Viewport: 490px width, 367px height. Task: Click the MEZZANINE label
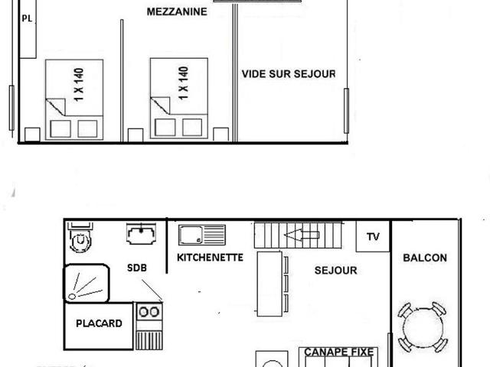177,11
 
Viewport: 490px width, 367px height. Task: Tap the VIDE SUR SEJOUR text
289,74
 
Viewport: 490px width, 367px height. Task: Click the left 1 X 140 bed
75,98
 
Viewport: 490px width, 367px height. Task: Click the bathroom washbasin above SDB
141,233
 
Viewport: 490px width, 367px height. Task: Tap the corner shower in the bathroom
86,282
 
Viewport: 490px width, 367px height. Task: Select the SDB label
136,268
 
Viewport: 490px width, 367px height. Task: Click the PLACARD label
99,323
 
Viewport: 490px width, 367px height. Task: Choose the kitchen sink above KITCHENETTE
202,234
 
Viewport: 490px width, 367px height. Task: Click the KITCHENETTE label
210,258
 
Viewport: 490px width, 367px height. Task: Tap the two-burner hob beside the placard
149,312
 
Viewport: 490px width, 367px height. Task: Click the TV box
373,236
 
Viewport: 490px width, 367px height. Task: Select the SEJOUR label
335,271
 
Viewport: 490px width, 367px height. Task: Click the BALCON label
425,258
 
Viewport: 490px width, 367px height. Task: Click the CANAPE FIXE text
339,352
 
